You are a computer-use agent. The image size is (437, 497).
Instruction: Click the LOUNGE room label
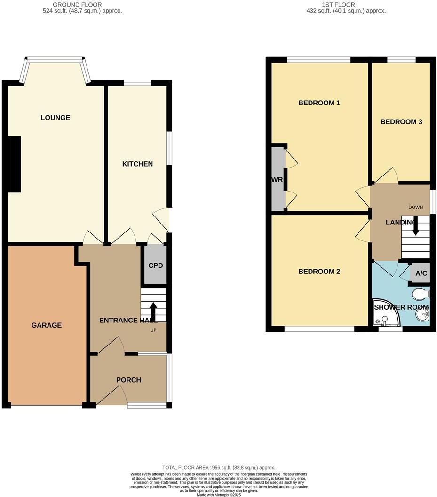click(x=56, y=118)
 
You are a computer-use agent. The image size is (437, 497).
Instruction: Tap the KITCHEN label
click(x=137, y=164)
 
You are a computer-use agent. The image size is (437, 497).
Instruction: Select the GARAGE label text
click(x=47, y=325)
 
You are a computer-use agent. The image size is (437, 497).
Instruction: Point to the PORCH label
click(x=128, y=380)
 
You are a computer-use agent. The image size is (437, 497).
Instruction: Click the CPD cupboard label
click(x=155, y=265)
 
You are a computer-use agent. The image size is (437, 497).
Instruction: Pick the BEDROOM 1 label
click(x=319, y=103)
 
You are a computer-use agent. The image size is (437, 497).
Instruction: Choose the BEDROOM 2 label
click(x=319, y=272)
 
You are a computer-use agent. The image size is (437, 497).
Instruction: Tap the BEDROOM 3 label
click(x=401, y=122)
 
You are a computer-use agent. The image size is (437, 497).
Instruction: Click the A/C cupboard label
click(x=421, y=273)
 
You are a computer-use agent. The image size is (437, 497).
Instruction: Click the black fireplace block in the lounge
click(x=14, y=164)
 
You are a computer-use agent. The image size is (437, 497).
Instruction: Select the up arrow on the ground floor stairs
click(x=153, y=311)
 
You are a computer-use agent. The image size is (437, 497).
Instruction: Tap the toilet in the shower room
click(x=420, y=294)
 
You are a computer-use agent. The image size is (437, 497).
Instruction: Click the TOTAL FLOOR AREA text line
click(x=218, y=468)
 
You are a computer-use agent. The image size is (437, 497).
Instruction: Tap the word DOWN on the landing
click(x=415, y=208)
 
